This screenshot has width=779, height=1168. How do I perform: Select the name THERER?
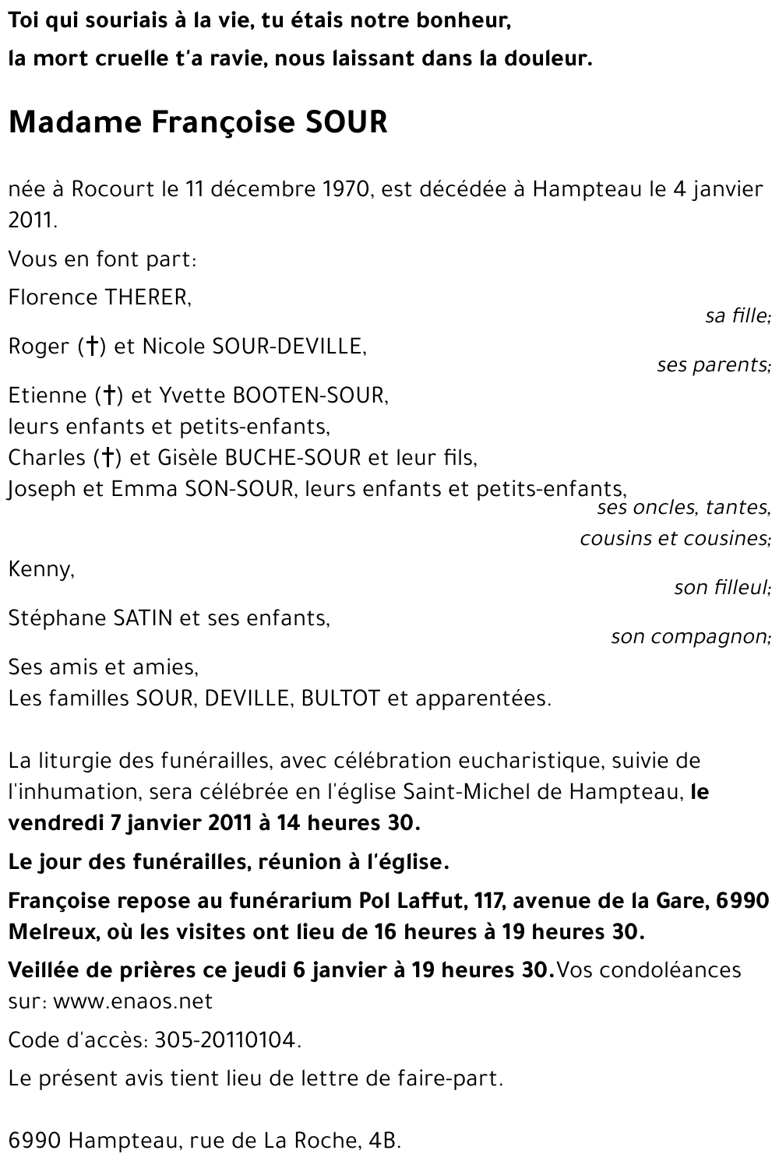click(x=144, y=297)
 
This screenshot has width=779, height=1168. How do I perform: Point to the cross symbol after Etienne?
click(x=109, y=396)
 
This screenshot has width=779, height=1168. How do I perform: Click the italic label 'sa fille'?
click(x=737, y=316)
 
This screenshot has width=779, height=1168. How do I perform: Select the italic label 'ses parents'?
click(x=713, y=365)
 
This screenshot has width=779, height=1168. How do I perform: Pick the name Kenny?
click(x=41, y=569)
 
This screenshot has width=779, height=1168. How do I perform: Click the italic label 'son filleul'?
click(x=721, y=588)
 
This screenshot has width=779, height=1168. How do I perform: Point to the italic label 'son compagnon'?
click(x=690, y=637)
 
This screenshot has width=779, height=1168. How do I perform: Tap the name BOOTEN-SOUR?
click(x=310, y=396)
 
